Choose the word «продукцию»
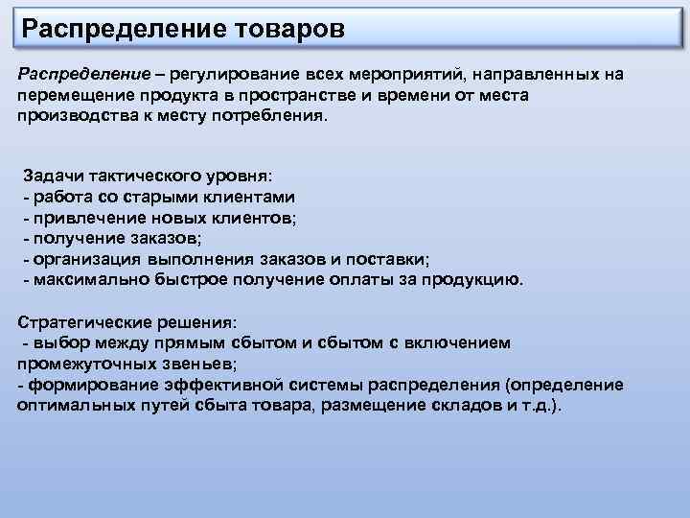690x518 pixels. (x=476, y=280)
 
